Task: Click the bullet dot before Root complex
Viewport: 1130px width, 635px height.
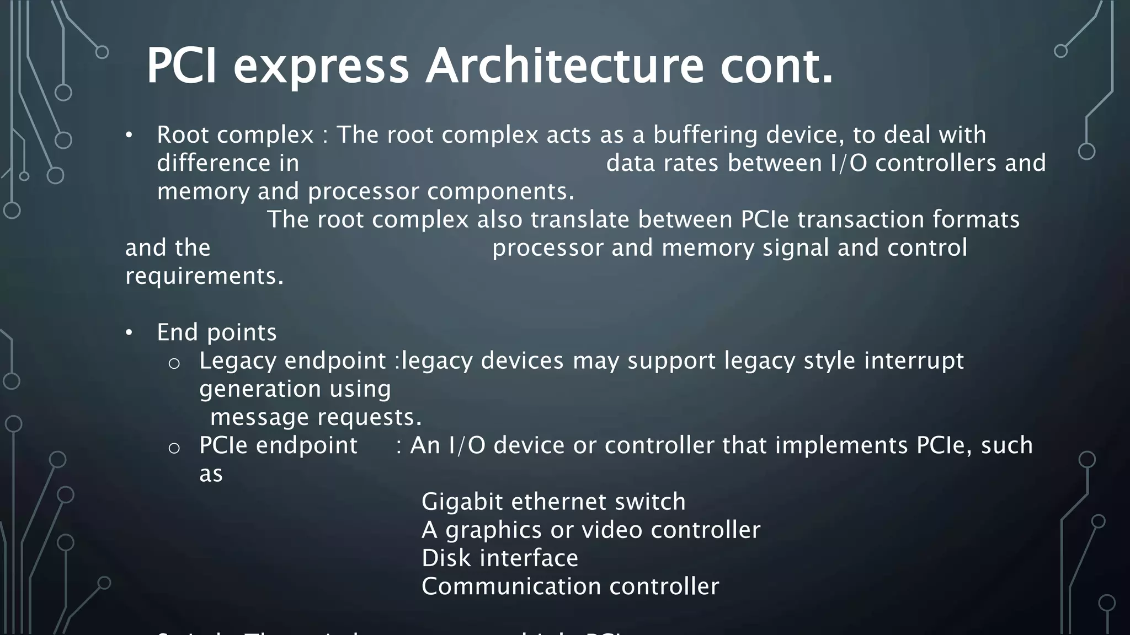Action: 129,136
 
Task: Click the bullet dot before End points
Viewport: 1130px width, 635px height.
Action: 129,333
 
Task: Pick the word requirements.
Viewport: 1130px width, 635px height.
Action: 204,276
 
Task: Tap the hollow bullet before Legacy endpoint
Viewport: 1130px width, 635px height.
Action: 174,363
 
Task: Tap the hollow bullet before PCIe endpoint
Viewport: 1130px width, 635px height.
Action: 174,448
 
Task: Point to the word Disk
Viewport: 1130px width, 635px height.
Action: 445,558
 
